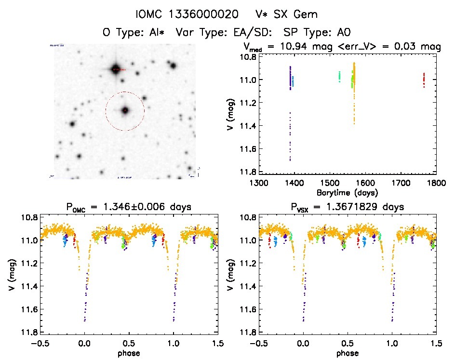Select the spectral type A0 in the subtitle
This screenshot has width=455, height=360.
tap(343, 32)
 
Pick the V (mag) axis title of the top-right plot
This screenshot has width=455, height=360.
tap(233, 114)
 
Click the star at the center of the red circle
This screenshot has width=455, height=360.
tap(125, 110)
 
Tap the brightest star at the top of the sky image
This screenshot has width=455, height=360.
tap(115, 69)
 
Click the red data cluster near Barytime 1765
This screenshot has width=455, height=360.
tap(424, 80)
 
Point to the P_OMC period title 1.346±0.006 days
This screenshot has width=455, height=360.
tap(129, 208)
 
